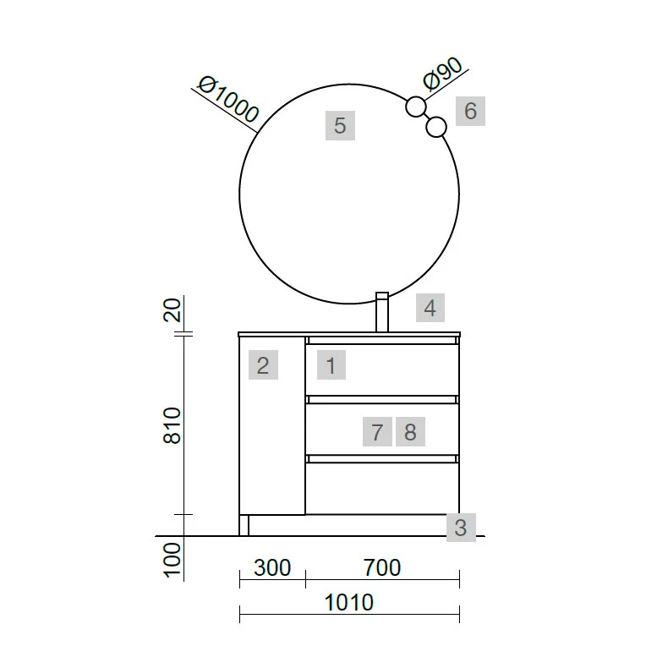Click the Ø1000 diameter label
(229, 99)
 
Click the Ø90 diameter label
(442, 74)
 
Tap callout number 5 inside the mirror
(340, 125)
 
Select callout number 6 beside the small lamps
(470, 111)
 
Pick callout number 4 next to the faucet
(430, 308)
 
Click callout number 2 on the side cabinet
(263, 365)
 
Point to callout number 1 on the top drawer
(331, 365)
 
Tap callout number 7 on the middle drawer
(377, 431)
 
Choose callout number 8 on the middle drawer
(410, 431)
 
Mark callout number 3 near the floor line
(461, 528)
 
